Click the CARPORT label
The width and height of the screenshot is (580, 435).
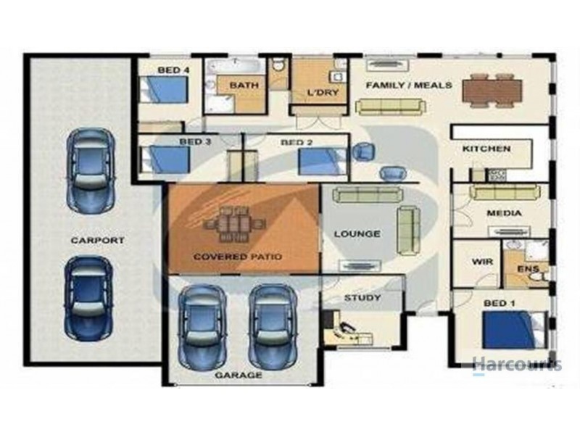point(97,240)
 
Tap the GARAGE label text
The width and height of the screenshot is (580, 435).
point(239,375)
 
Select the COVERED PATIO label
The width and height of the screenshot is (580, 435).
point(238,257)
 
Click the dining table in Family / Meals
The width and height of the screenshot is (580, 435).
point(492,91)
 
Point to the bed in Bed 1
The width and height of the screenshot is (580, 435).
point(515,330)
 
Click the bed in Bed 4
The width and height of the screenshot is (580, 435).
point(164,89)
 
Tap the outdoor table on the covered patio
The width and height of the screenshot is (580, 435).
point(234,224)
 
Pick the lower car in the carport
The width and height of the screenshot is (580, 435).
point(88,298)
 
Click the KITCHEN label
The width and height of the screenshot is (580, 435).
point(486,149)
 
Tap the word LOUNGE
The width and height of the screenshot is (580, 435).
point(357,233)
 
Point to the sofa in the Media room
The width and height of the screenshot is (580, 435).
point(505,192)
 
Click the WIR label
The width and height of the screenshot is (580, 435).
point(482,262)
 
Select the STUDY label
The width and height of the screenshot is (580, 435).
point(362,297)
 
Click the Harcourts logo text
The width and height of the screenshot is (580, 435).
point(517,365)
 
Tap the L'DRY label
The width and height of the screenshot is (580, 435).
point(323,92)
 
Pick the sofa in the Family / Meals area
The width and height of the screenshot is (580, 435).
point(390,107)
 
